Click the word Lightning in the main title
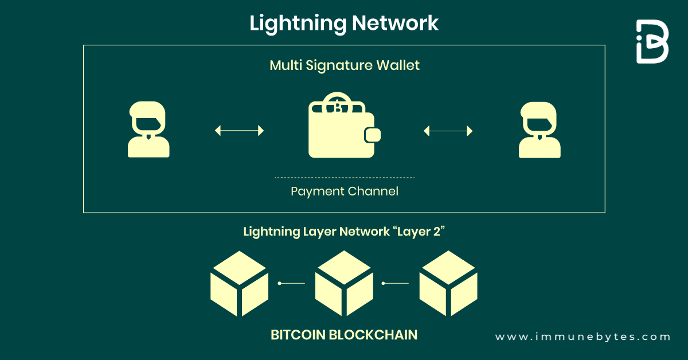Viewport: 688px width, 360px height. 297,24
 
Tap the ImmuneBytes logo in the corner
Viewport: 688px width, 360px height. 652,41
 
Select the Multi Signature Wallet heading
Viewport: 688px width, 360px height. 345,65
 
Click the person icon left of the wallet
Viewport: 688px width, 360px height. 148,130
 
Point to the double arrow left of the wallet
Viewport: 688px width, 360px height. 239,131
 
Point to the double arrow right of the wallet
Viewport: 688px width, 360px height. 448,131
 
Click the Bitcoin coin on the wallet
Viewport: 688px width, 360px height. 338,106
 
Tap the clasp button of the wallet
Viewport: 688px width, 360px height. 372,135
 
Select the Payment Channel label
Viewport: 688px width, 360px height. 345,191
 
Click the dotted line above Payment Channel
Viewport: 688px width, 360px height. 345,178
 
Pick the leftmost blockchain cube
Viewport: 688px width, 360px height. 239,283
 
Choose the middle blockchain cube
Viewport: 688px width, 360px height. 344,283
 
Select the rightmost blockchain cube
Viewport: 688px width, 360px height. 448,283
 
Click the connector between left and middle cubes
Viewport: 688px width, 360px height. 291,283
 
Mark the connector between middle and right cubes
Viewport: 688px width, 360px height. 396,283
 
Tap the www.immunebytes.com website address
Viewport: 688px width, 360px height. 583,337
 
